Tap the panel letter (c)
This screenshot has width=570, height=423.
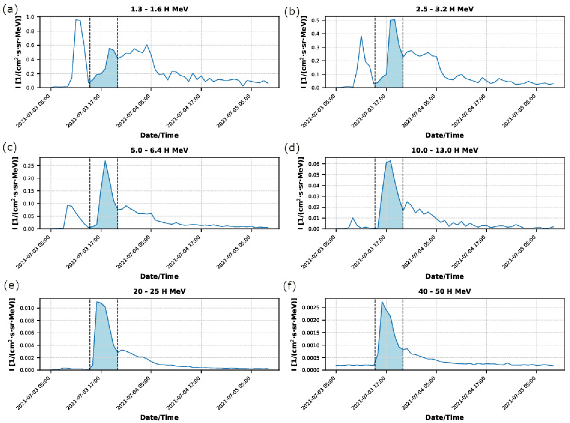click(x=10, y=148)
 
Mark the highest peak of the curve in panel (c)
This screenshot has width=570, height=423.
click(x=105, y=161)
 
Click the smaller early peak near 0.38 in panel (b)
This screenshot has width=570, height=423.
click(x=361, y=36)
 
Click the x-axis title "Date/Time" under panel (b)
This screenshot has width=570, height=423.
click(x=445, y=135)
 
